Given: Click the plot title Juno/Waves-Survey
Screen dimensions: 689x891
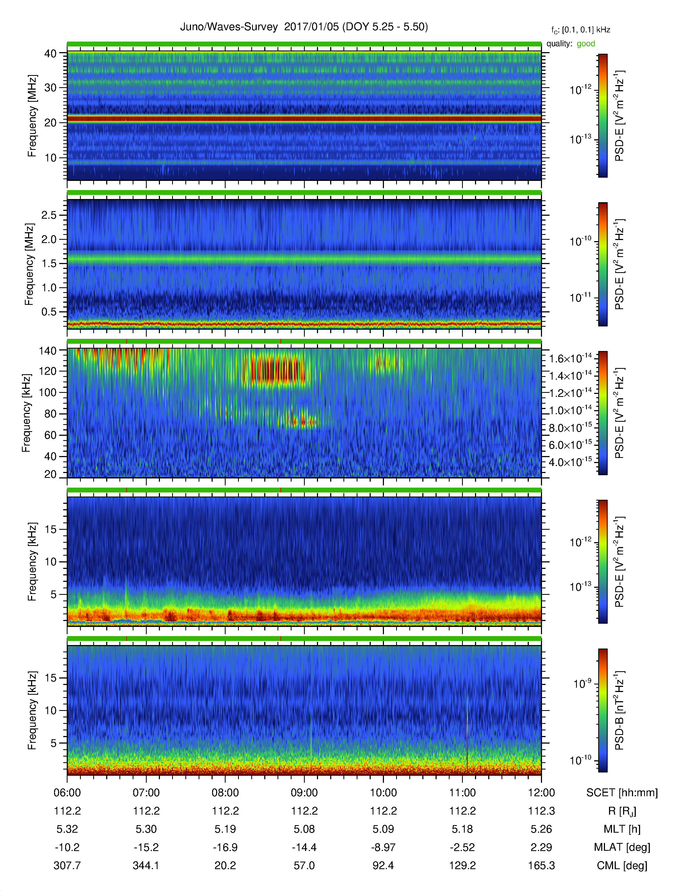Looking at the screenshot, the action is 229,27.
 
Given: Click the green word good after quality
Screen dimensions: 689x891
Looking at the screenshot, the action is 586,44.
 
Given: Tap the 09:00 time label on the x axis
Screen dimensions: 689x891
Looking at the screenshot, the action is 304,793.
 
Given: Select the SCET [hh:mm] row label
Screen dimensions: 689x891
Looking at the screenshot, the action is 622,793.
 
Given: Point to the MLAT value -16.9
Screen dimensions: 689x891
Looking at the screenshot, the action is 225,847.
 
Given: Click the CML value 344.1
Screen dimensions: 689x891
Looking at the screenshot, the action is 146,865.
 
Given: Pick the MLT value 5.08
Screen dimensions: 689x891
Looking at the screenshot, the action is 304,829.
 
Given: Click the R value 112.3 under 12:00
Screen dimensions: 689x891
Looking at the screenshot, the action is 541,811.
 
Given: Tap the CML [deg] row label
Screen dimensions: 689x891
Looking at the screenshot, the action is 622,865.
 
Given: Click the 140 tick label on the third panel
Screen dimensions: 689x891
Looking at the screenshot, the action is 47,350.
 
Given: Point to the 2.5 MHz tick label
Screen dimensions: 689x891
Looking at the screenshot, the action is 49,215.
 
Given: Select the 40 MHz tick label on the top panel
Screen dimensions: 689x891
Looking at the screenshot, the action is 50,53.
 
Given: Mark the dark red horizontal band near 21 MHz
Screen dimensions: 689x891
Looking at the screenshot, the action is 304,119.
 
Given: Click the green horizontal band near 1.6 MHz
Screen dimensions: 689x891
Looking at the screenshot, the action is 304,259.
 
